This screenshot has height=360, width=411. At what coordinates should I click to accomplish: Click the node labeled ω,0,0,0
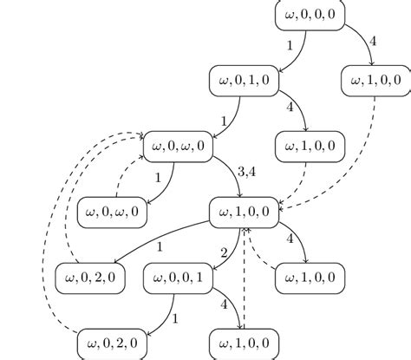(310, 16)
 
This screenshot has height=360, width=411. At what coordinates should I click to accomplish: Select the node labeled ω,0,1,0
(245, 81)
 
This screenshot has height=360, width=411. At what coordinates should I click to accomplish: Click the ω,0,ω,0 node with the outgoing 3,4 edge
(178, 146)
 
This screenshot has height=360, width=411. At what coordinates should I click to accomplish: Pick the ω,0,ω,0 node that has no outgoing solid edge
(113, 212)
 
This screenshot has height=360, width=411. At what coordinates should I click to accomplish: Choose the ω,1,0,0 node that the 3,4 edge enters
(245, 212)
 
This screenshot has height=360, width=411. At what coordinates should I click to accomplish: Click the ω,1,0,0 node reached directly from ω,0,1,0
(310, 146)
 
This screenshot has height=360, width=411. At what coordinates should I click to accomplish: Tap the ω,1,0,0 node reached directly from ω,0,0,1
(245, 343)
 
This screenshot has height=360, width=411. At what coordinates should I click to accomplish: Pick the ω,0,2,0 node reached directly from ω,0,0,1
(113, 343)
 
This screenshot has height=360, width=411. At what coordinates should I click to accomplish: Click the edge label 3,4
(246, 173)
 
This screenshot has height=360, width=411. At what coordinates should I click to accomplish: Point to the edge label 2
(224, 252)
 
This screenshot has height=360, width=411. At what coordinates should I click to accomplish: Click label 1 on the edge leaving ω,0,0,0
(289, 43)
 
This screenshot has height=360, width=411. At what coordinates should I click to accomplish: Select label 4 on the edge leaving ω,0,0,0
(373, 40)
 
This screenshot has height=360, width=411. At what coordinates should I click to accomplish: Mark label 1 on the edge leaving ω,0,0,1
(175, 318)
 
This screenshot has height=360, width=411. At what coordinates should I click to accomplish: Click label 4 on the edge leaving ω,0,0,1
(223, 305)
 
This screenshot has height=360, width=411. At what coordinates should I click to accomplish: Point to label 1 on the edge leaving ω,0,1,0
(223, 120)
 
